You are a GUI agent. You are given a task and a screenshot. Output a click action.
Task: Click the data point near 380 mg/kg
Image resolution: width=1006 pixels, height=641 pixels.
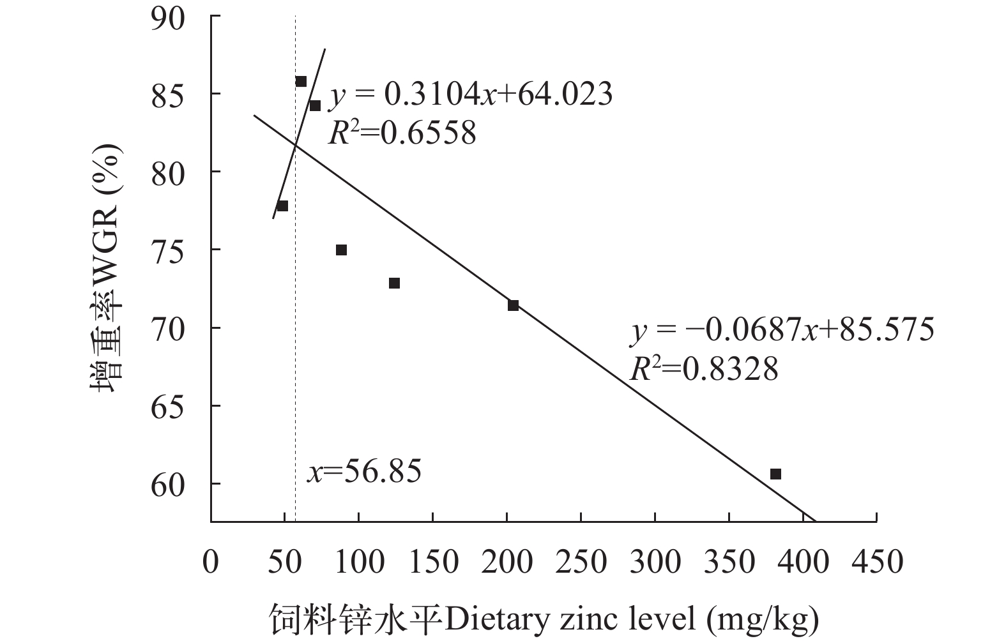click(x=775, y=474)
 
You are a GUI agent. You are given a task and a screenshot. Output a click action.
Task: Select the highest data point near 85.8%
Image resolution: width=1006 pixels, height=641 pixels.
click(x=301, y=81)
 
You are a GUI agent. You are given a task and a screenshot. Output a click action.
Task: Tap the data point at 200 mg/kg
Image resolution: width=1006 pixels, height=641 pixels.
click(x=513, y=305)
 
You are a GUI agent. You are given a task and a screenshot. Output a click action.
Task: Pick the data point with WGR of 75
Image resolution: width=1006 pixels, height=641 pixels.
click(x=341, y=250)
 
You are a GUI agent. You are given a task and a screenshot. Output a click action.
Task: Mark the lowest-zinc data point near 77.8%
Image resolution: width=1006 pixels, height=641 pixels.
click(x=282, y=206)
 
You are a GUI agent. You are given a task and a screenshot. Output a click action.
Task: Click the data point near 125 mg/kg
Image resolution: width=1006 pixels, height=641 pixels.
click(x=394, y=283)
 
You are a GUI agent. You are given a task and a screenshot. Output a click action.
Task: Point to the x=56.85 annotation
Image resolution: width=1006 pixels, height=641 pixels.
click(x=364, y=472)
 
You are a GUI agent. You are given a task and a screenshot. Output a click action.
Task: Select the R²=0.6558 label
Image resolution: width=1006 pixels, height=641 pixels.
click(x=402, y=133)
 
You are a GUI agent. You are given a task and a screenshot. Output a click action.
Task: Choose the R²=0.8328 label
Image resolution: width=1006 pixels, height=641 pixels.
click(x=704, y=369)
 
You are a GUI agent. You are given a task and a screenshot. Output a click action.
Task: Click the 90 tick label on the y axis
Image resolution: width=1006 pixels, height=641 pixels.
click(x=168, y=17)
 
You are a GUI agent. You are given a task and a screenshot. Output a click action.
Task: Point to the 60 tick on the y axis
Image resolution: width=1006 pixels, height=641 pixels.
click(x=168, y=484)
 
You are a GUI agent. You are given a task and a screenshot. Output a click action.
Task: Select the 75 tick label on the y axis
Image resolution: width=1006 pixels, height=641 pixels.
click(x=168, y=250)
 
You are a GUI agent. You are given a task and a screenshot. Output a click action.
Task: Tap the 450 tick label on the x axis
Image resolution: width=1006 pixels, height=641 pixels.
click(x=876, y=562)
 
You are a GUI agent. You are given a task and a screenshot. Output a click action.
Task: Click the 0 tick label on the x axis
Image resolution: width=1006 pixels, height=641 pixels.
click(x=211, y=562)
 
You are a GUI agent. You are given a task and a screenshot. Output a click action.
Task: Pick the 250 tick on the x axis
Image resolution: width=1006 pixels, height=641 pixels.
click(x=581, y=562)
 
